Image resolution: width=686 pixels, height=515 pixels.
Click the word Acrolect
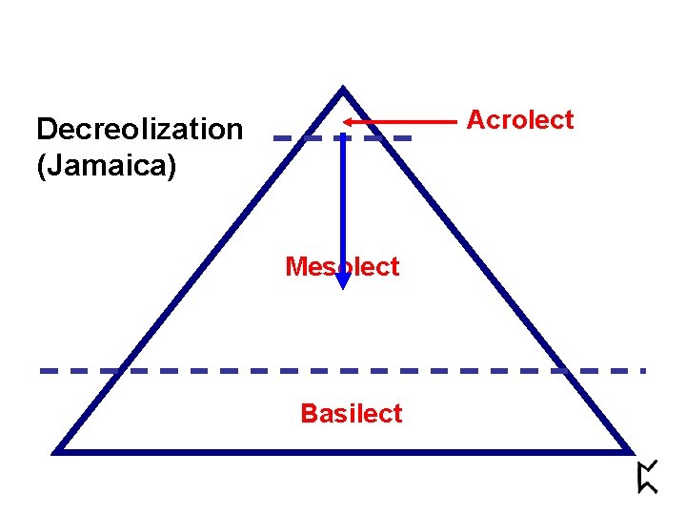click(x=519, y=120)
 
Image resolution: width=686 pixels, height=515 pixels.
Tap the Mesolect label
click(x=342, y=267)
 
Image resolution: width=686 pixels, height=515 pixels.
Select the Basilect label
click(x=351, y=414)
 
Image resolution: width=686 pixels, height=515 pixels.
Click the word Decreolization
click(x=139, y=129)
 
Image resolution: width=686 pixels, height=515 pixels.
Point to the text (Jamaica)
click(x=106, y=167)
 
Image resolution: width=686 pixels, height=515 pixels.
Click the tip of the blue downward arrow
click(x=343, y=285)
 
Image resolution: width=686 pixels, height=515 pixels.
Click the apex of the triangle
click(x=342, y=91)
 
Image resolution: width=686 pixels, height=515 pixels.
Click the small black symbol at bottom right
click(x=647, y=477)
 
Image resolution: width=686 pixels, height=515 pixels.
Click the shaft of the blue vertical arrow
click(x=343, y=200)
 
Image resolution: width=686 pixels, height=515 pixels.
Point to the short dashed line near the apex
click(x=295, y=138)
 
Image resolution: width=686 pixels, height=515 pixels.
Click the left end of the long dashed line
click(x=43, y=370)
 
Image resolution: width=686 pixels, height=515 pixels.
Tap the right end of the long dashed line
click(x=644, y=370)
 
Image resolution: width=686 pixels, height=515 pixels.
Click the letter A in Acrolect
click(x=474, y=120)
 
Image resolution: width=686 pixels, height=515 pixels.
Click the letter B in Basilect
click(x=308, y=414)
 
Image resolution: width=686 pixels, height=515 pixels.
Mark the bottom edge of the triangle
click(x=343, y=450)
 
